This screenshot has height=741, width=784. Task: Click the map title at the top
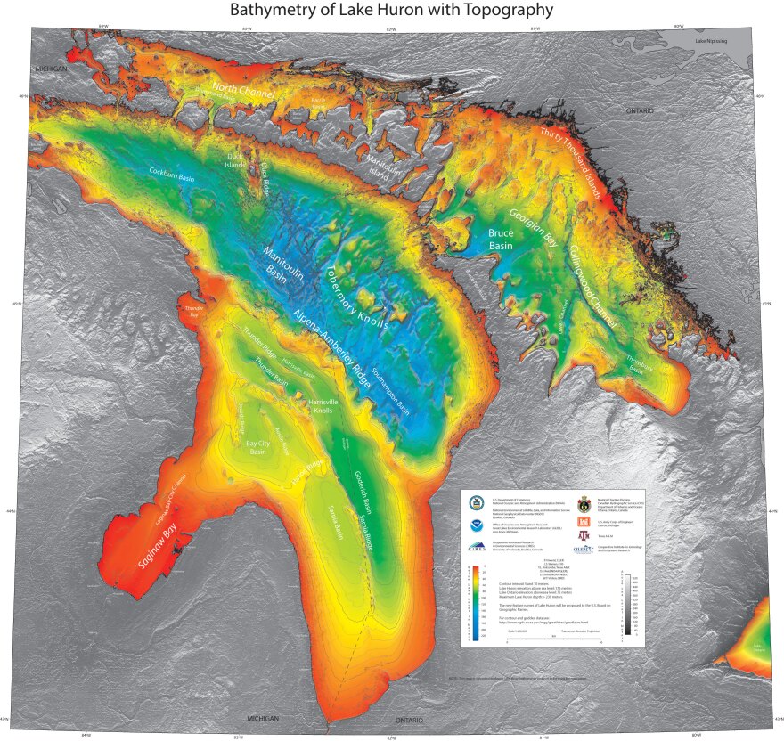(391, 11)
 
